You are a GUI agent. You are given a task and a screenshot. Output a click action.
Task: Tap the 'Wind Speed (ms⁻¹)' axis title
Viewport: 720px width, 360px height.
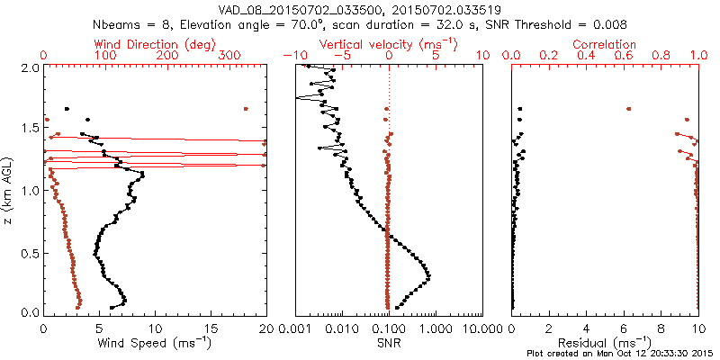(x=155, y=342)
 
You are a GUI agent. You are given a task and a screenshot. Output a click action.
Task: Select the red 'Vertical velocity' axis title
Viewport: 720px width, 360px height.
(x=389, y=44)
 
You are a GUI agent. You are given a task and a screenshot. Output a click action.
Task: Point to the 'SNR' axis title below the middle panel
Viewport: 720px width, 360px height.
(x=389, y=343)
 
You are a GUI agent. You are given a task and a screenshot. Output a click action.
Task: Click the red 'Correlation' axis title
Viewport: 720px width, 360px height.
(x=606, y=44)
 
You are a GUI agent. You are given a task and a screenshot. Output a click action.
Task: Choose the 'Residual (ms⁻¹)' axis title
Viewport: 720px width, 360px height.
(x=606, y=342)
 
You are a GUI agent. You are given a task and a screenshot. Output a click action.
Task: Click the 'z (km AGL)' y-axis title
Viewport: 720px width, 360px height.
(x=8, y=189)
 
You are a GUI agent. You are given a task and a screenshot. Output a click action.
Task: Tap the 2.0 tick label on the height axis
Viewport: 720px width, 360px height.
(x=29, y=67)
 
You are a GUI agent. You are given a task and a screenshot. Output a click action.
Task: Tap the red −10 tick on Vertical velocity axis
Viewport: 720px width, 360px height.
(x=291, y=56)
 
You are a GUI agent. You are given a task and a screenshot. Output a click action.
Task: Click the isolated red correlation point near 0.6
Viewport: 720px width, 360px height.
(x=629, y=109)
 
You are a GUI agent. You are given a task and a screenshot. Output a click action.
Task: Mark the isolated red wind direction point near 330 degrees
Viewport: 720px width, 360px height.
(x=245, y=109)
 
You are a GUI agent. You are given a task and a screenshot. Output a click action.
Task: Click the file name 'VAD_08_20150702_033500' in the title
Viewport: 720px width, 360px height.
(x=277, y=9)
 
